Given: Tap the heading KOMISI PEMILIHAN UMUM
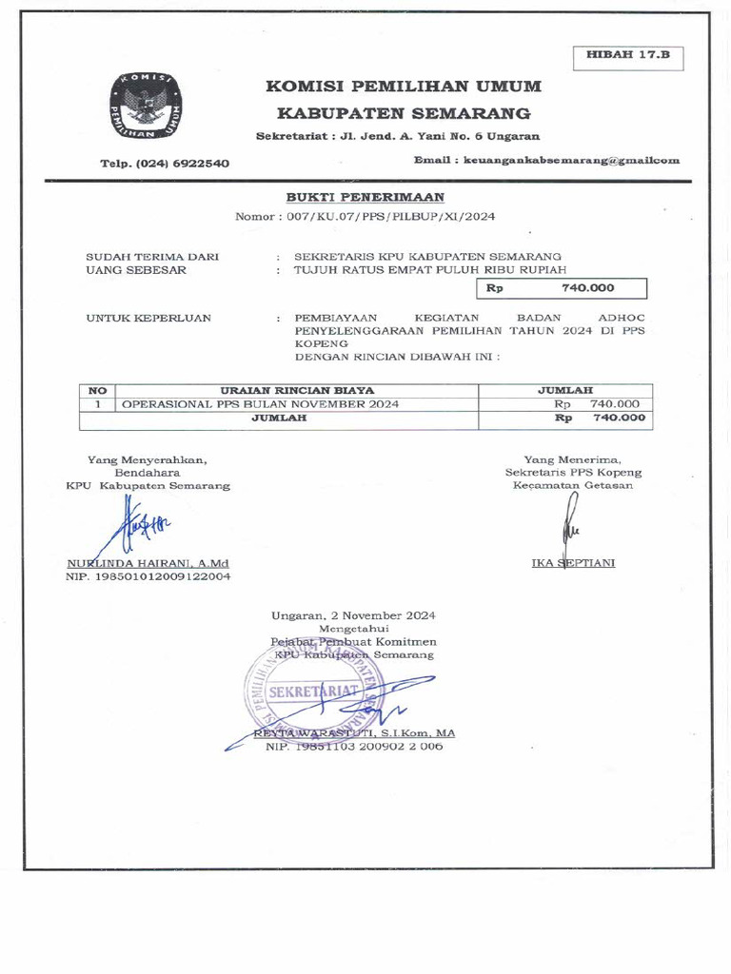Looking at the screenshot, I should click(x=405, y=87).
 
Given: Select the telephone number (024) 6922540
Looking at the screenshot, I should click(x=165, y=163).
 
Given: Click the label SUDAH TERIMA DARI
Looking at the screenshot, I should click(x=152, y=256).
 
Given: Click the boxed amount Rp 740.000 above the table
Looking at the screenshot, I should click(x=562, y=288).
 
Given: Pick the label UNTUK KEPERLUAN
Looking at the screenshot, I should click(x=148, y=318).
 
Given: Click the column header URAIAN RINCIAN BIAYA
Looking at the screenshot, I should click(x=297, y=390).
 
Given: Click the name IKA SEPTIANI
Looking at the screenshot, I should click(x=573, y=563).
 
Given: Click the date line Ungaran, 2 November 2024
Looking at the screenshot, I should click(x=353, y=615).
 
